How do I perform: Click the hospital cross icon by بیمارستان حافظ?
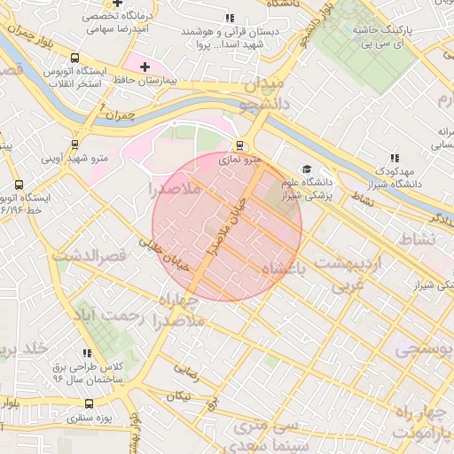point(145,67)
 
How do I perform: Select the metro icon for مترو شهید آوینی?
point(74,145)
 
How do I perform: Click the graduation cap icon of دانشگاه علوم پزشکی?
point(307,169)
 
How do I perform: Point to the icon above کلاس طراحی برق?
point(87,353)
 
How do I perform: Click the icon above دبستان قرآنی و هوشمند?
point(230,18)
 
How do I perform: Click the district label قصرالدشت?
point(90,256)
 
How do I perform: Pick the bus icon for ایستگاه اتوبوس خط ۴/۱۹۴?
point(20,184)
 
